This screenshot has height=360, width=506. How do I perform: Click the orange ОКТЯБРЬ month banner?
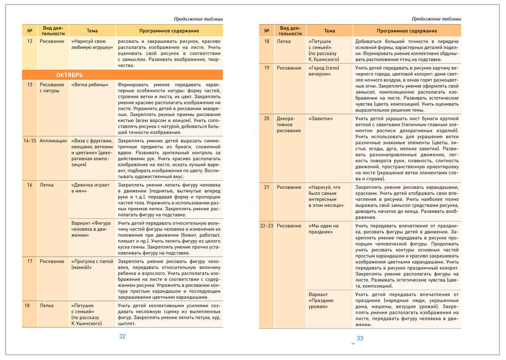[x=122, y=75]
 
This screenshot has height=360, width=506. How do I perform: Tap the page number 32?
[x=122, y=337]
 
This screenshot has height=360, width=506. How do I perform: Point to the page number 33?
[x=360, y=339]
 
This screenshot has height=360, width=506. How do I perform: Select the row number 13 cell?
[x=30, y=85]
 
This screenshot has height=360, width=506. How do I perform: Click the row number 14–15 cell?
[x=30, y=141]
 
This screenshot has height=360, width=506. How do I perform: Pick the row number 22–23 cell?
[x=266, y=226]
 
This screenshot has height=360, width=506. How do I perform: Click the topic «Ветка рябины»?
[x=90, y=85]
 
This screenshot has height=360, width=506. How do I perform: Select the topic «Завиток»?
[x=320, y=119]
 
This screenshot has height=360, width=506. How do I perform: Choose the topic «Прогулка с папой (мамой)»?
[x=92, y=264]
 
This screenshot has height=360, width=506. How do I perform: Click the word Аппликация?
[x=53, y=141]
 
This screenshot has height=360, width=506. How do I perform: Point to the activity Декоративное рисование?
[x=289, y=125]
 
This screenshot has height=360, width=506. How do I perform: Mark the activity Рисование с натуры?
[x=52, y=87]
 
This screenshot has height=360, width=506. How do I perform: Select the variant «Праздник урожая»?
[x=321, y=301]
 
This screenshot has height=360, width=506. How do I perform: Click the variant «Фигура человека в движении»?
[x=91, y=229]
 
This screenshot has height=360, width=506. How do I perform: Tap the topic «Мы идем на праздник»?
[x=323, y=229]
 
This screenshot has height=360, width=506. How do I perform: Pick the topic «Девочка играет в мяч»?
[x=90, y=188]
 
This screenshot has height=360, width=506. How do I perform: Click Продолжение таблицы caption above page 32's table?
[x=198, y=19]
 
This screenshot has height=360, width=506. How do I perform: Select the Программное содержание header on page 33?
[x=407, y=31]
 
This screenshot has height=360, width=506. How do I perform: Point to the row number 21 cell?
[x=266, y=188]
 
